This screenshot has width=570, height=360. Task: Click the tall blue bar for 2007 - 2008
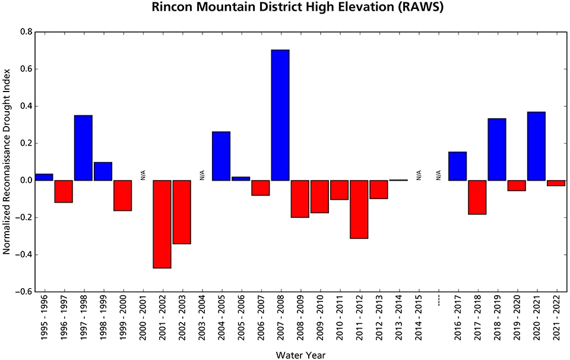[x=280, y=115]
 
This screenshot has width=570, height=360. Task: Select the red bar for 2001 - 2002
[x=162, y=224]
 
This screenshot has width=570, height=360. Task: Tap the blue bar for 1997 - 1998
[x=83, y=148]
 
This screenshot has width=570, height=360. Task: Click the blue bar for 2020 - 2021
[x=536, y=146]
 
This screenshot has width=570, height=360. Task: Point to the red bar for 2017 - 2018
[x=477, y=197]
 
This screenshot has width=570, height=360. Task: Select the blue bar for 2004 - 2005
[x=221, y=156]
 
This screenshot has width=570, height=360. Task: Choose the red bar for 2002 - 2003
[x=182, y=212]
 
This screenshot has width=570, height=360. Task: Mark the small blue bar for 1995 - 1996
[x=44, y=177]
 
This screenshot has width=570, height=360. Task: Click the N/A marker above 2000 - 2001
[x=142, y=175]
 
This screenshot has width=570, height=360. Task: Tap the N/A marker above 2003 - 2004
[x=202, y=175]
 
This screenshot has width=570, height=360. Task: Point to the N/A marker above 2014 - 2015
[x=419, y=175]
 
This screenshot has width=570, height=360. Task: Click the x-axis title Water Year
[x=300, y=355]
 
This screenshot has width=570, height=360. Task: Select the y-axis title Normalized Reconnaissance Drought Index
[x=7, y=162]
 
